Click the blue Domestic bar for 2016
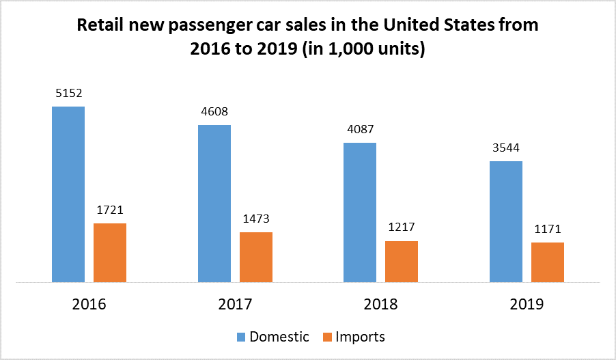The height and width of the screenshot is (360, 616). (68, 194)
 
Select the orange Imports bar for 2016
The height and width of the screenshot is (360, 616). (110, 253)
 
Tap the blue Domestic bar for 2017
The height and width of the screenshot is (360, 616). (214, 204)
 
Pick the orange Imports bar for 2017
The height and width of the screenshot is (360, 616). (256, 257)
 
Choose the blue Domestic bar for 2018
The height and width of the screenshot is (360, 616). (360, 212)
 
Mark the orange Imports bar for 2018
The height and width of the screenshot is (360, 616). (402, 262)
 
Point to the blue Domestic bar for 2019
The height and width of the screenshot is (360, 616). (506, 221)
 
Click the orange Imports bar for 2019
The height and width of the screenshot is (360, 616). (548, 262)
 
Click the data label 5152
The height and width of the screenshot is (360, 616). (68, 93)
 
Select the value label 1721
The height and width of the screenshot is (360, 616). (110, 210)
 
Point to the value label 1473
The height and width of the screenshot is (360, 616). (256, 219)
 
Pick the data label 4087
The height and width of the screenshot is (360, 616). (360, 129)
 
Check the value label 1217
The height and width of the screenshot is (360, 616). (402, 228)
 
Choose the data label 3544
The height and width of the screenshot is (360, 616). (506, 148)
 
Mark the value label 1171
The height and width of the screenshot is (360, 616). (548, 230)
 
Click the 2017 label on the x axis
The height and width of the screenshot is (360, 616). (235, 305)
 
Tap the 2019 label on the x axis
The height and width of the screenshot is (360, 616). (527, 305)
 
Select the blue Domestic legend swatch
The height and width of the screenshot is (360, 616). (241, 337)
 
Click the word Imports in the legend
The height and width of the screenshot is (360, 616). (361, 337)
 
